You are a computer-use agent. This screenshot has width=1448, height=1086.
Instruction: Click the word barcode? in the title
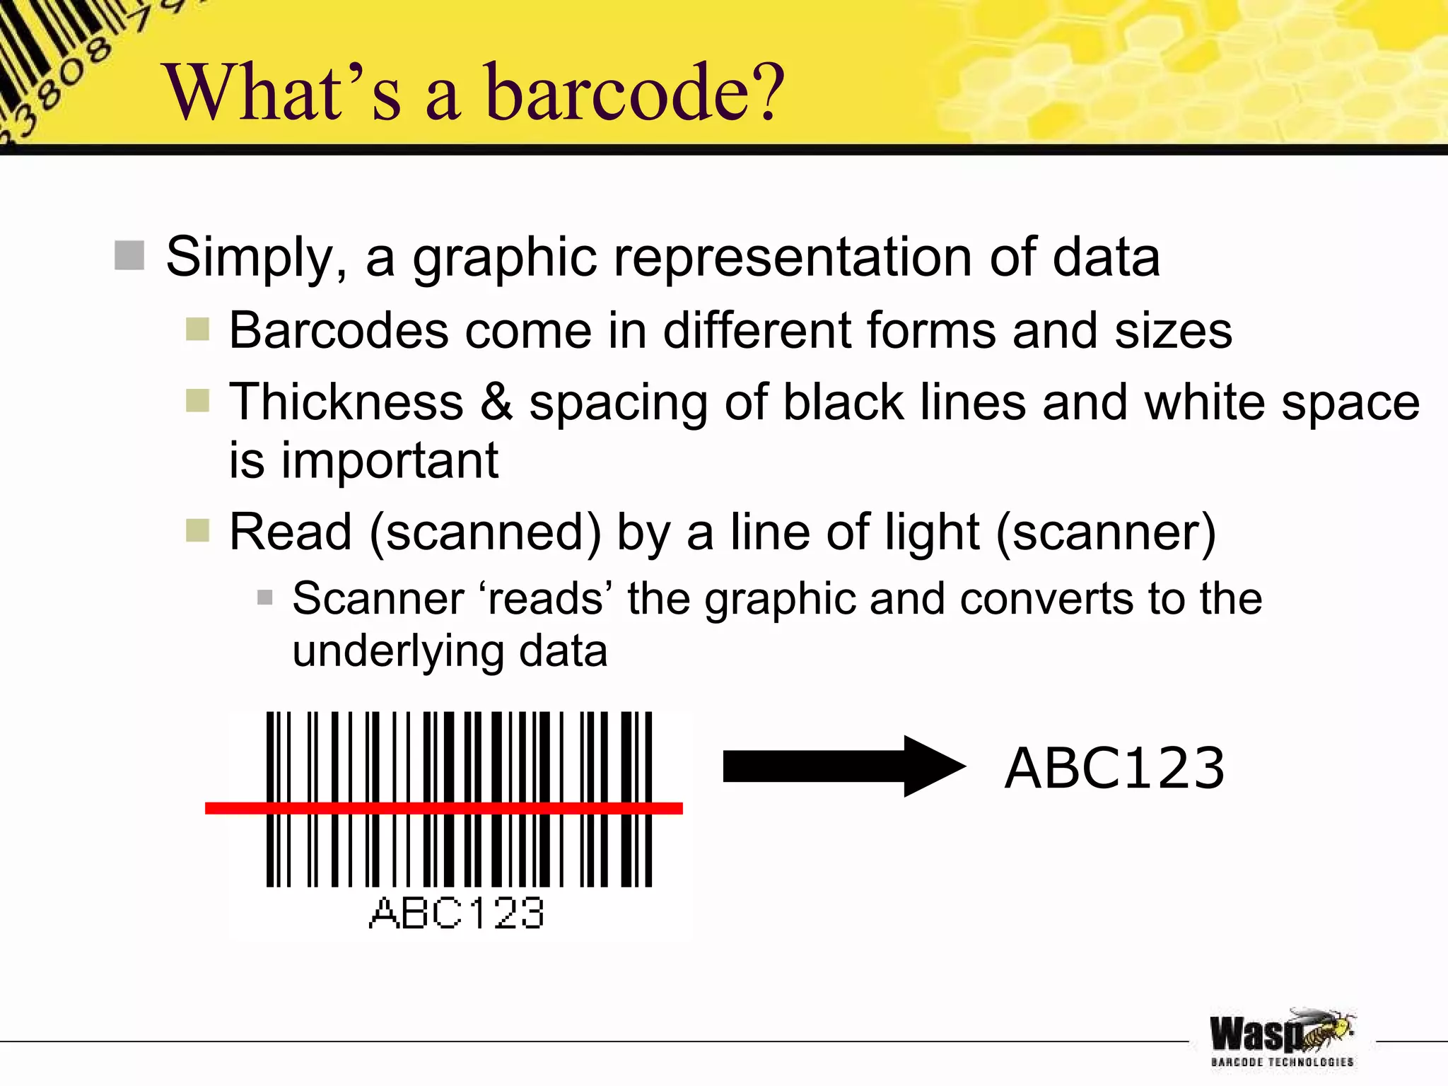(636, 93)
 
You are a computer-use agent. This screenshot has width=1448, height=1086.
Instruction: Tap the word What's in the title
(283, 93)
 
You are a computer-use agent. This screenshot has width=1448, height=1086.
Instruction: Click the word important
(390, 461)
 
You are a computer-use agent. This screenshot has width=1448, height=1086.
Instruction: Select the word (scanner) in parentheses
(1106, 533)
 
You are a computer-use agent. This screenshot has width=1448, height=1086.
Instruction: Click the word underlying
(398, 652)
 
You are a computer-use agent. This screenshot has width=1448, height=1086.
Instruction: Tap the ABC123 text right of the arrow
(1114, 769)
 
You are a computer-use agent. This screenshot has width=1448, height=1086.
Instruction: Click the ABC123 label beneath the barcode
(457, 913)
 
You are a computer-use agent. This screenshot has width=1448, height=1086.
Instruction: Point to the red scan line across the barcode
(443, 808)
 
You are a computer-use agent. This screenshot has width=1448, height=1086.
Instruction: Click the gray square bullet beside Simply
(129, 255)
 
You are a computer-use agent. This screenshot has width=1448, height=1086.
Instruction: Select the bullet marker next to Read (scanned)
(197, 530)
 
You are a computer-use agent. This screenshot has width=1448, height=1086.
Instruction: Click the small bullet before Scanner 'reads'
(265, 598)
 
